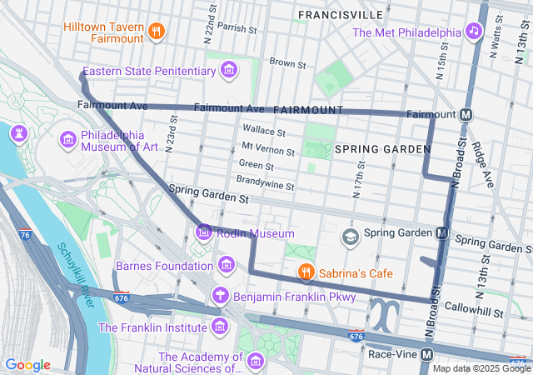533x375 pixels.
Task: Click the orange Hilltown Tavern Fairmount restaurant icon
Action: [x=156, y=32]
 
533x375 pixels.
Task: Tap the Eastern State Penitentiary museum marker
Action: [x=228, y=71]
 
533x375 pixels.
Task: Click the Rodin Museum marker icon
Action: [x=204, y=232]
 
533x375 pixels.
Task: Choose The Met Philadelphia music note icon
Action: [x=474, y=32]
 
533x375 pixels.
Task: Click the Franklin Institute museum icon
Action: [x=219, y=327]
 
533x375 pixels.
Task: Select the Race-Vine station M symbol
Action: [x=426, y=353]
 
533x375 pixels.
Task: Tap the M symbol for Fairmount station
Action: [x=466, y=113]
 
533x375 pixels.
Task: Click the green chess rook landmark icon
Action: [x=18, y=133]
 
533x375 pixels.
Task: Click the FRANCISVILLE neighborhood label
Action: [x=341, y=15]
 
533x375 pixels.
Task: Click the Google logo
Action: [x=27, y=365]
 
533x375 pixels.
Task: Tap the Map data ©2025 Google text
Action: [x=481, y=368]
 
